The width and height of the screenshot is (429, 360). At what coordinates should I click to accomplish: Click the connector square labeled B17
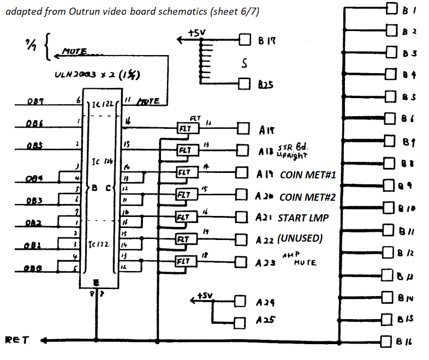coord(244,40)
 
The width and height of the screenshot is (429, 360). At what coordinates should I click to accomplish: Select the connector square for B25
coord(244,83)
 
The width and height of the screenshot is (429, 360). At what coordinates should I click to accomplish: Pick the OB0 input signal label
coord(34,267)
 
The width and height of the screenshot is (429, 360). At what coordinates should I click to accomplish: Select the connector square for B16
coord(387,341)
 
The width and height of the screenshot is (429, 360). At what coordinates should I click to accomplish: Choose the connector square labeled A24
coord(240,301)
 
